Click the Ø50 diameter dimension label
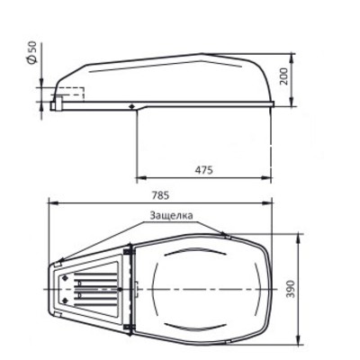tap(32, 52)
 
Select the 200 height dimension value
tap(283, 76)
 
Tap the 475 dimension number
tap(203, 170)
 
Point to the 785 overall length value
tap(160, 195)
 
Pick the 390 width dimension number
tap(291, 289)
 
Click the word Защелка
tap(171, 215)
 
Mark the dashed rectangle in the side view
tap(68, 93)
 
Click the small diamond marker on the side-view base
tap(131, 106)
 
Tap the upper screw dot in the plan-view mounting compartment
tap(65, 278)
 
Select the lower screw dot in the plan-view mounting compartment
tap(65, 300)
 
